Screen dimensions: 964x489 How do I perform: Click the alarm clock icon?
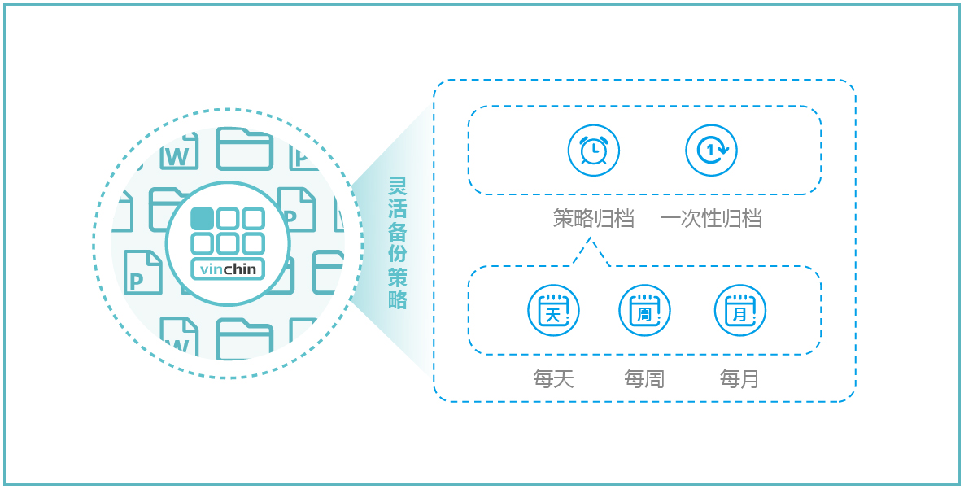[593, 151]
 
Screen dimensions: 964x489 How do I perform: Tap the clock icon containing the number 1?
[711, 151]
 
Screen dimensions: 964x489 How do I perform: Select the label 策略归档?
[593, 219]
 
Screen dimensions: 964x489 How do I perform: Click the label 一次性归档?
[711, 219]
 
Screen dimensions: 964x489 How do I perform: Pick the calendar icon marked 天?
[553, 310]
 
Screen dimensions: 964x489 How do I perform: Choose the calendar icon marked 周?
[644, 310]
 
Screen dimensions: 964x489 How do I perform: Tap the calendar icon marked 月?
[739, 310]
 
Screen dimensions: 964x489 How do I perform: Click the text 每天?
[553, 378]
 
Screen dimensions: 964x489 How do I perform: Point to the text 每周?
[644, 378]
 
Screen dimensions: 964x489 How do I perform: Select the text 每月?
[739, 378]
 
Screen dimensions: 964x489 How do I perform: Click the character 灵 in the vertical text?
[398, 185]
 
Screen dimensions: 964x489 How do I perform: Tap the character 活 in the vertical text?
[398, 207]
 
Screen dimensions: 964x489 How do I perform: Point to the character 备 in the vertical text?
[398, 230]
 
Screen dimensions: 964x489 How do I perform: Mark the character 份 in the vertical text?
[398, 253]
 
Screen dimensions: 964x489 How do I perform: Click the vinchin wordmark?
[228, 269]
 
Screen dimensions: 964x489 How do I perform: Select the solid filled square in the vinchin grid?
[203, 218]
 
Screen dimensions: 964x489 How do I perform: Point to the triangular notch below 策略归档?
[591, 253]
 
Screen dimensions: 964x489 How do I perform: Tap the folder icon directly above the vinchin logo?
[244, 148]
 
